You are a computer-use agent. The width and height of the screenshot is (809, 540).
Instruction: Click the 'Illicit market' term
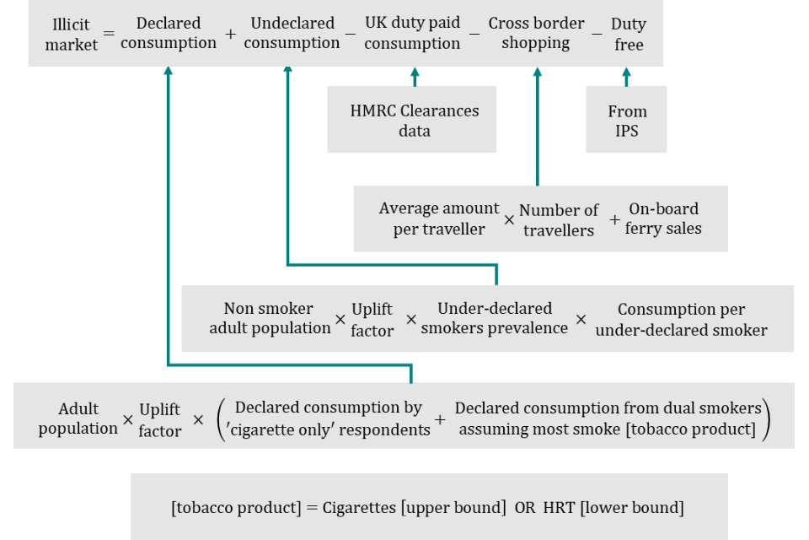pos(72,34)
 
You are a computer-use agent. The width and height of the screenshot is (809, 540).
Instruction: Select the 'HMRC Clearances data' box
pos(414,121)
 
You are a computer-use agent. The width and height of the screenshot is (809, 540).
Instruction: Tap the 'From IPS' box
pos(627,121)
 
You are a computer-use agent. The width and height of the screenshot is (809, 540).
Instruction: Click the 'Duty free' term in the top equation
pos(628,34)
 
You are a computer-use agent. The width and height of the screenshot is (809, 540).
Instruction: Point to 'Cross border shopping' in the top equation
pos(536,34)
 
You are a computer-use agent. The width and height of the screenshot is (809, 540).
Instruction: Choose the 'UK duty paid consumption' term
pos(412,34)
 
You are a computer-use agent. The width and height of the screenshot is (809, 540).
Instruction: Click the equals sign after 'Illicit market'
pos(108,34)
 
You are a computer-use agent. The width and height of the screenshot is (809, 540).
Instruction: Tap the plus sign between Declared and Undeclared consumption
pos(230,34)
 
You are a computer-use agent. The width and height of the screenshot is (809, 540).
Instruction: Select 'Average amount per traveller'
pos(438,219)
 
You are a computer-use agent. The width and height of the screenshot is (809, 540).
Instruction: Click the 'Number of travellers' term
pos(558,219)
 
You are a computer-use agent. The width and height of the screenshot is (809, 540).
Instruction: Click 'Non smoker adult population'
pos(270,318)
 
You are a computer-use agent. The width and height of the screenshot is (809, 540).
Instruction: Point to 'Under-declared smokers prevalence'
pos(494,318)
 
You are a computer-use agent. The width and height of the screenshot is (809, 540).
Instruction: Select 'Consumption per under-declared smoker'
pos(681,319)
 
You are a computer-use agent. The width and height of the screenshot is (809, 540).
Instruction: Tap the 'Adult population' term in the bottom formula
pos(78,418)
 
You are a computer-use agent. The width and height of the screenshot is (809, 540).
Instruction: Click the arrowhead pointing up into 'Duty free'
pos(626,72)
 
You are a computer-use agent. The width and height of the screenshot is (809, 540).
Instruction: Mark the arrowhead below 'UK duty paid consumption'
pos(414,72)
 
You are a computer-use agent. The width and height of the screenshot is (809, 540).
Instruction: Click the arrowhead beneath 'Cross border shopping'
pos(538,72)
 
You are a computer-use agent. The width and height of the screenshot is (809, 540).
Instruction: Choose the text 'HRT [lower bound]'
pos(613,508)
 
